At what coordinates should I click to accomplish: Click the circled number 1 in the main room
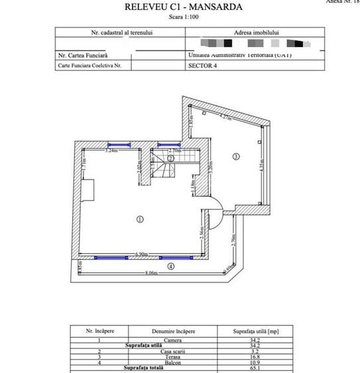pos(140,219)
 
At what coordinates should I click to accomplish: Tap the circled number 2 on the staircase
pos(170,158)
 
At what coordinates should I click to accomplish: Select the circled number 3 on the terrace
pos(235,157)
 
